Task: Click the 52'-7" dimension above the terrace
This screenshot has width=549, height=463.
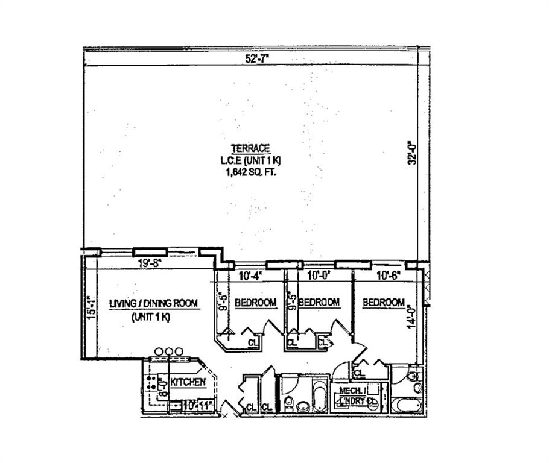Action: coord(256,58)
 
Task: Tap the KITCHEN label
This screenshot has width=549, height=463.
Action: coord(188,382)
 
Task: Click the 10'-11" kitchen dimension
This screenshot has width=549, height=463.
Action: coord(199,405)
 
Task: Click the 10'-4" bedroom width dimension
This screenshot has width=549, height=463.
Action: coord(249,277)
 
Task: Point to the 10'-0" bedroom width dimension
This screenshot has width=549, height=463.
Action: coord(317,277)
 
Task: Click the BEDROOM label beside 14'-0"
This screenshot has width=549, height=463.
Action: coord(383,303)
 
